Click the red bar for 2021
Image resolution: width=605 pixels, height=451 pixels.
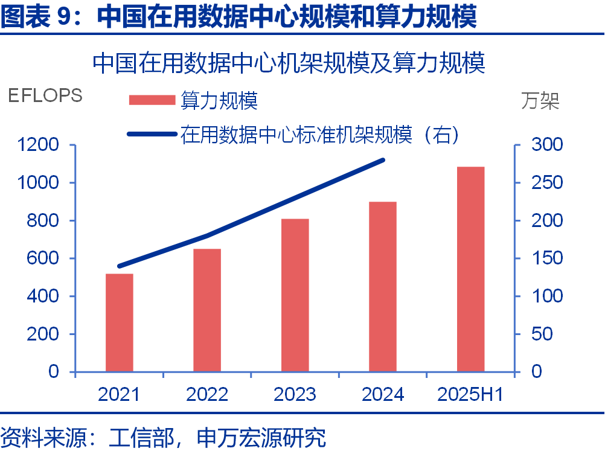[119, 322]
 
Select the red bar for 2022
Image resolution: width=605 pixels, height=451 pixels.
[207, 310]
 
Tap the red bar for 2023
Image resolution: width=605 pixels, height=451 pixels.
[295, 295]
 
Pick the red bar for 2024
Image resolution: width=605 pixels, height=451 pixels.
[383, 286]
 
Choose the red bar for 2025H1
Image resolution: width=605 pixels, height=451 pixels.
[471, 269]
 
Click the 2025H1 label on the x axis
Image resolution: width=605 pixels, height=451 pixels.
[470, 394]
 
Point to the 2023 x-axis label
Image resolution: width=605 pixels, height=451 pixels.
[295, 394]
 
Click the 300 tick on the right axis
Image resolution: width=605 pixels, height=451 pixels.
[546, 145]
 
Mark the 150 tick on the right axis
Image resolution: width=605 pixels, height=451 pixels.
[546, 258]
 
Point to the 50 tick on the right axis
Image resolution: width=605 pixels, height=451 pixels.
[542, 334]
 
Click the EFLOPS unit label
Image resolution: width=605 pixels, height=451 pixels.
[45, 96]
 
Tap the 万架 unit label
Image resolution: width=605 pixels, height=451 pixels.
[540, 101]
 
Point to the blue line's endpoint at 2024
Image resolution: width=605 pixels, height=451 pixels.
[383, 160]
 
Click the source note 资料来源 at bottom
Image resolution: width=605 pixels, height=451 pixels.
[163, 437]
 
